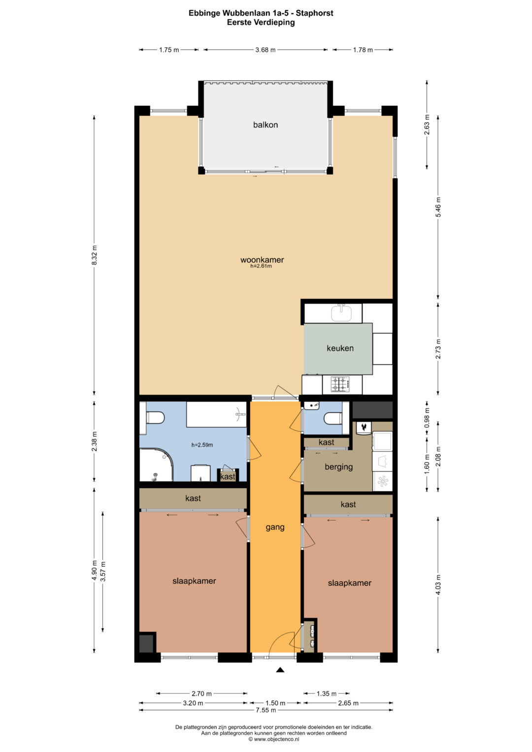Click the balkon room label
[266, 125]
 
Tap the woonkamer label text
[262, 260]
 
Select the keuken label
[340, 348]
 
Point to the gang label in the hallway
[275, 527]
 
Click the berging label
[338, 467]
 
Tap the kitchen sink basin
[341, 313]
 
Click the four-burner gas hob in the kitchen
[341, 385]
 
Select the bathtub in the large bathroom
[217, 414]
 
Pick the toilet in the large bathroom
[155, 418]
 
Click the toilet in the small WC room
[333, 419]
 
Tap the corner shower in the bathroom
[156, 466]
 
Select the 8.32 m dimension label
[95, 255]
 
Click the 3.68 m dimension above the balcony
[266, 50]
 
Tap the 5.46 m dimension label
[438, 207]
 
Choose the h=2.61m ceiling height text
[261, 266]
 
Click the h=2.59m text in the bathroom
[202, 445]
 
